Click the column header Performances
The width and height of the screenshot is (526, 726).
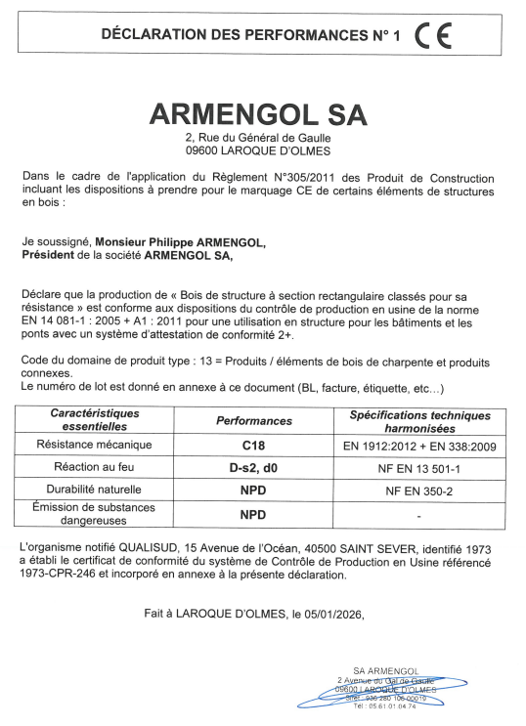pyautogui.click(x=253, y=421)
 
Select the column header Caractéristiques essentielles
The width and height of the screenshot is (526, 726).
pyautogui.click(x=95, y=420)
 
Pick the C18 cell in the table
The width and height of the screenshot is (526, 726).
pyautogui.click(x=253, y=447)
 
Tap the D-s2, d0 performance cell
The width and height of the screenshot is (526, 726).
pyautogui.click(x=253, y=468)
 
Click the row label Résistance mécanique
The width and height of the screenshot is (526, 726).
pyautogui.click(x=95, y=447)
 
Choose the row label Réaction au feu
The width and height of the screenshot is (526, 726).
pyautogui.click(x=95, y=468)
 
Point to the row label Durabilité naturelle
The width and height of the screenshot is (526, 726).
pyautogui.click(x=95, y=490)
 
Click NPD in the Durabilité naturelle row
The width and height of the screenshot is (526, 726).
pyautogui.click(x=253, y=490)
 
